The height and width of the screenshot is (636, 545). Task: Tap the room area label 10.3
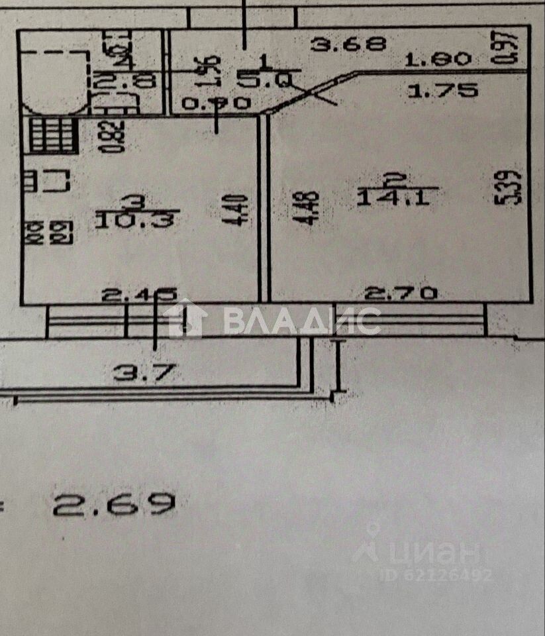click(134, 219)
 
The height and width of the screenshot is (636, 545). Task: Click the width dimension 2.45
click(138, 294)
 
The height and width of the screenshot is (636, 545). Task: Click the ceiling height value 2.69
click(115, 505)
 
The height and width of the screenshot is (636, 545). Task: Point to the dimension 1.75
click(442, 91)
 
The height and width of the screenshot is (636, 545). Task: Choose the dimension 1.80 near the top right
click(438, 60)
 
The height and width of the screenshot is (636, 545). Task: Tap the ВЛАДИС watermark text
click(301, 321)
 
